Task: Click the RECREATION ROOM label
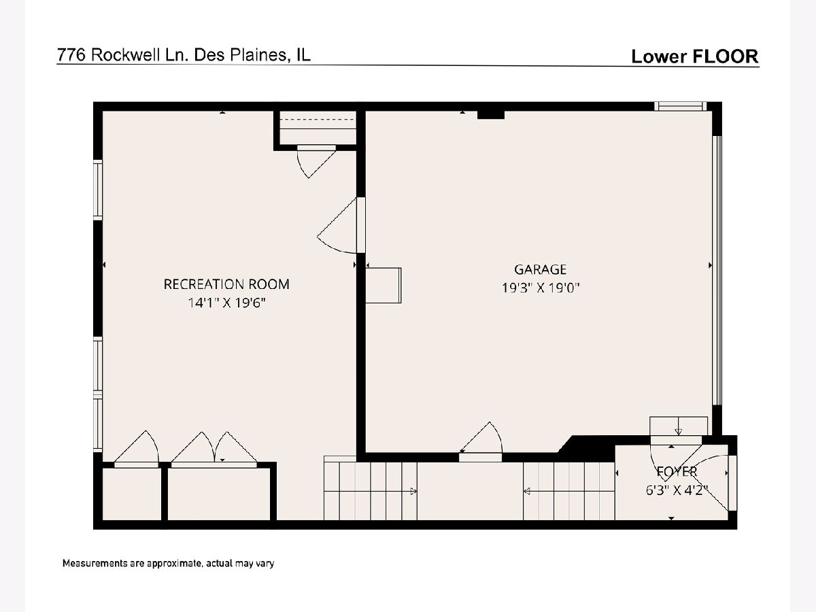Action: [226, 284]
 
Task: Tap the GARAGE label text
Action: [540, 269]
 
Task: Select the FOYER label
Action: [677, 471]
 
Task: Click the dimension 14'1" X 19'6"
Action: [226, 303]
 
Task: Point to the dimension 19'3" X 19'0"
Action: [541, 288]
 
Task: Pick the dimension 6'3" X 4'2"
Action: [677, 490]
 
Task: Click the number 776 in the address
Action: [71, 55]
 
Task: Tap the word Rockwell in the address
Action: [125, 55]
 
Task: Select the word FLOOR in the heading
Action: [725, 56]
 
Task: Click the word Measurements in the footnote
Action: [95, 563]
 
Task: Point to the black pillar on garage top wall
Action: [491, 115]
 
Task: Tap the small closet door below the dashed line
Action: [316, 162]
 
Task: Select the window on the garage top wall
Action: [680, 107]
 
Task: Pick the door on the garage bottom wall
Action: [481, 442]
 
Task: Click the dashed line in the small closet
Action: [317, 120]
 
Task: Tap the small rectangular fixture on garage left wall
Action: [384, 286]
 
